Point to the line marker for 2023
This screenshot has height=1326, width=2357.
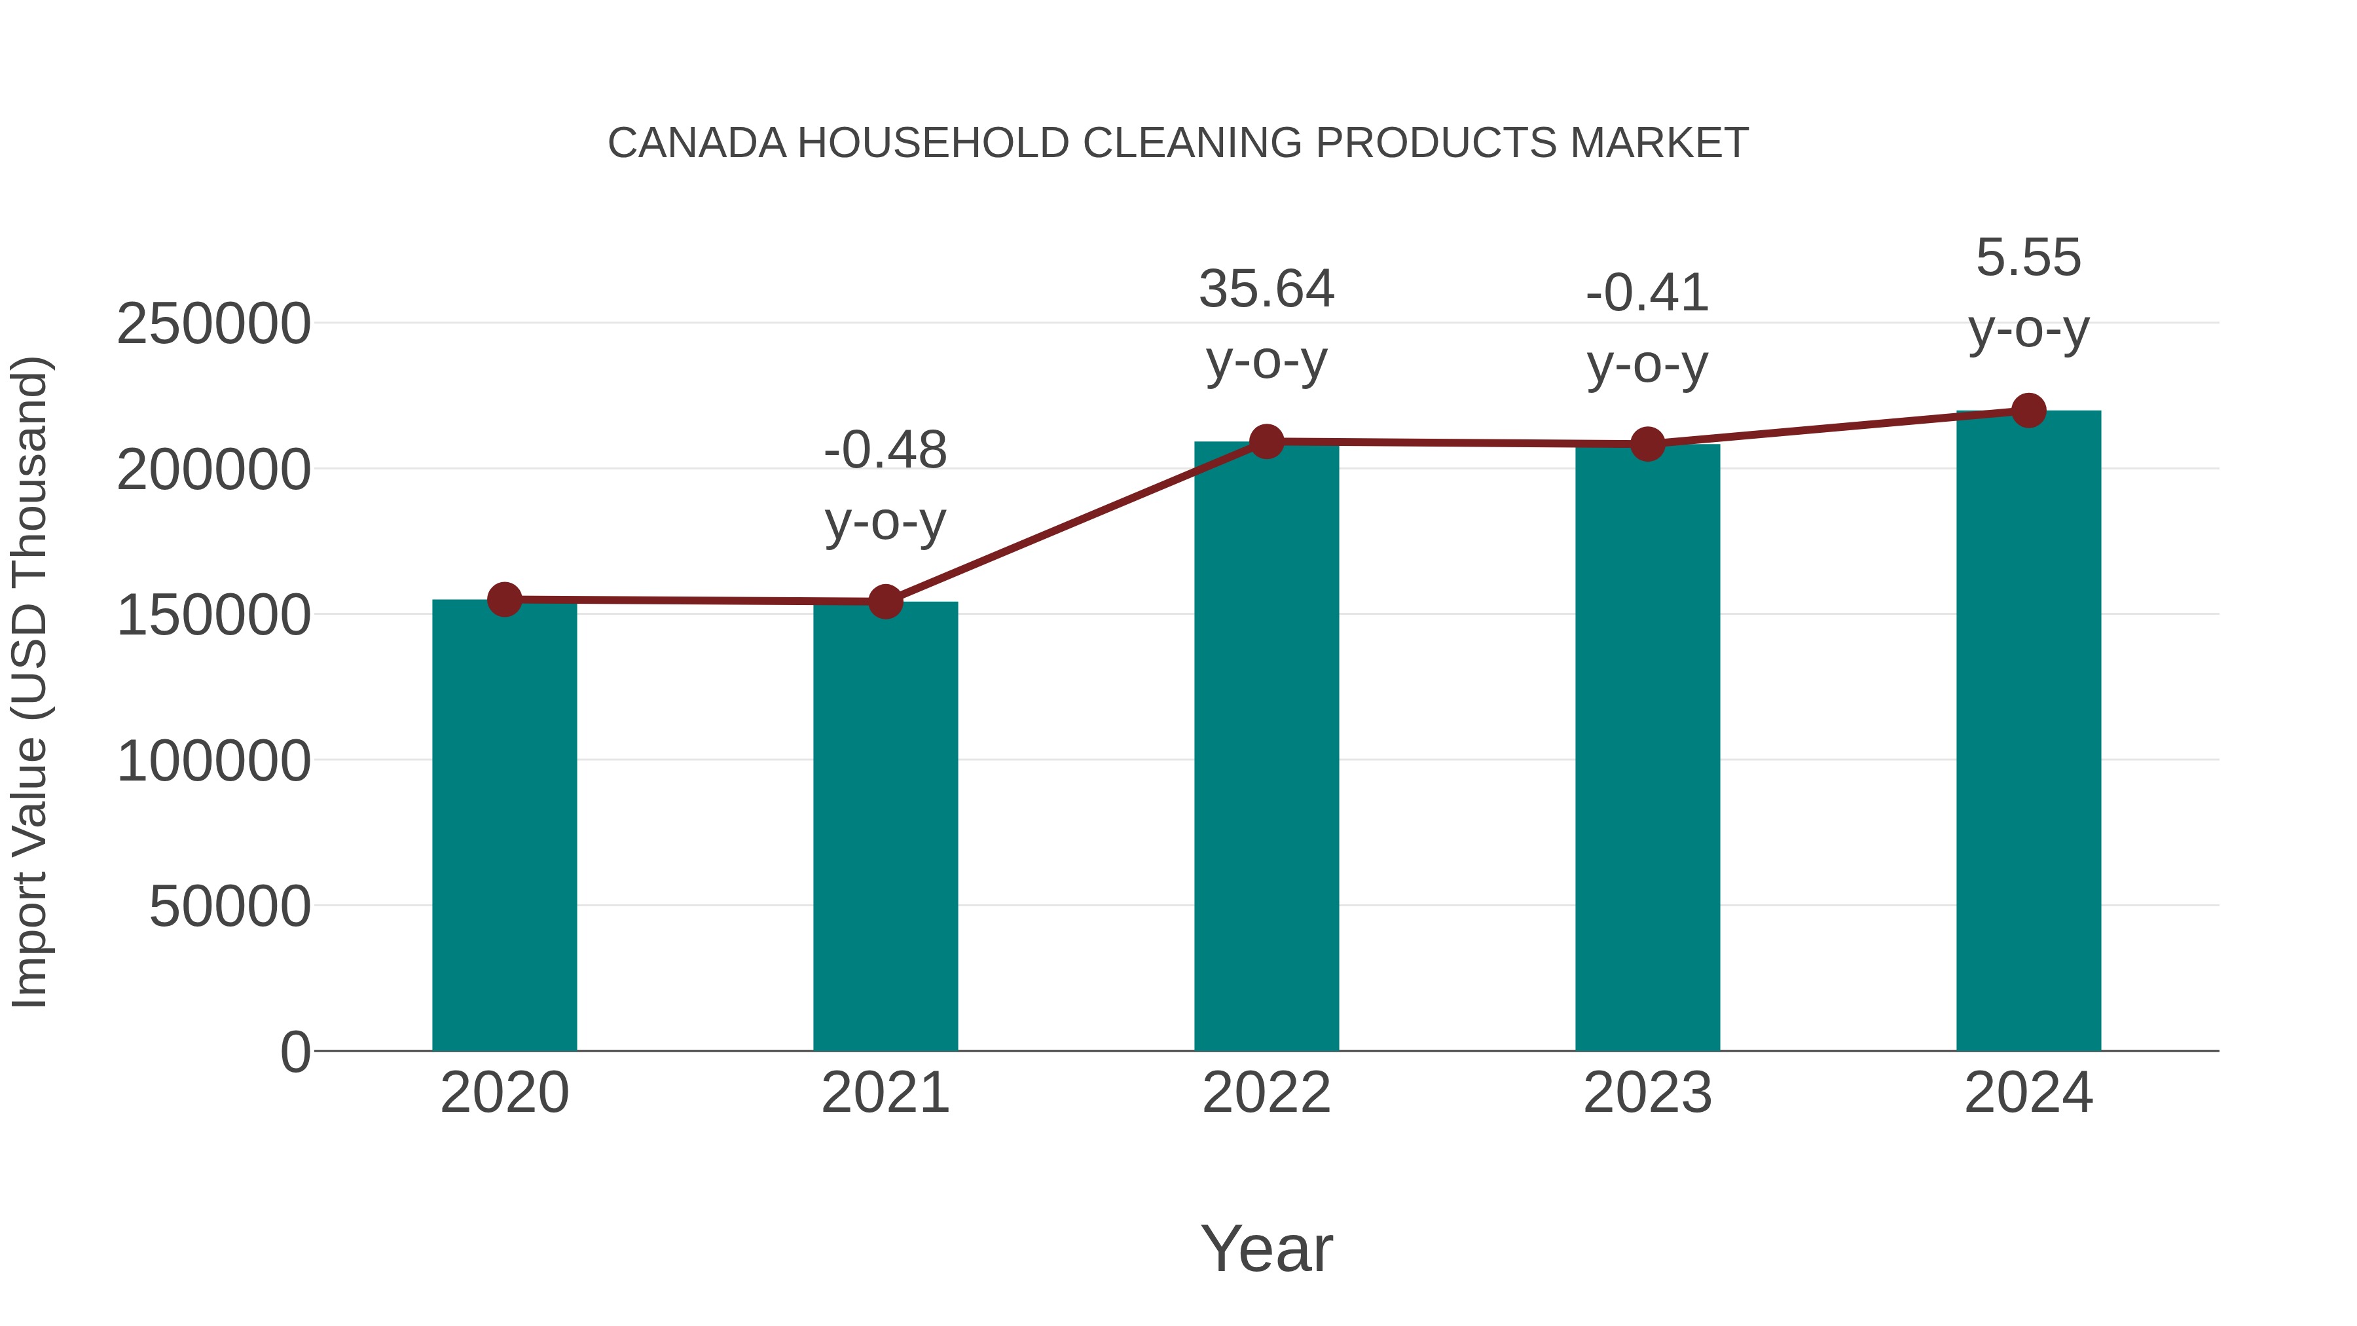tap(1647, 444)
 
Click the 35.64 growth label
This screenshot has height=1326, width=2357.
tap(1266, 289)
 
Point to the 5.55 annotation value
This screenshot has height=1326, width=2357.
tap(2028, 257)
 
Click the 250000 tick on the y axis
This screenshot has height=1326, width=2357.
tap(213, 324)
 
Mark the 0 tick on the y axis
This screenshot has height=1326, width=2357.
tap(295, 1052)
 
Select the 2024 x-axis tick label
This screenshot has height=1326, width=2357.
tap(2028, 1093)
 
